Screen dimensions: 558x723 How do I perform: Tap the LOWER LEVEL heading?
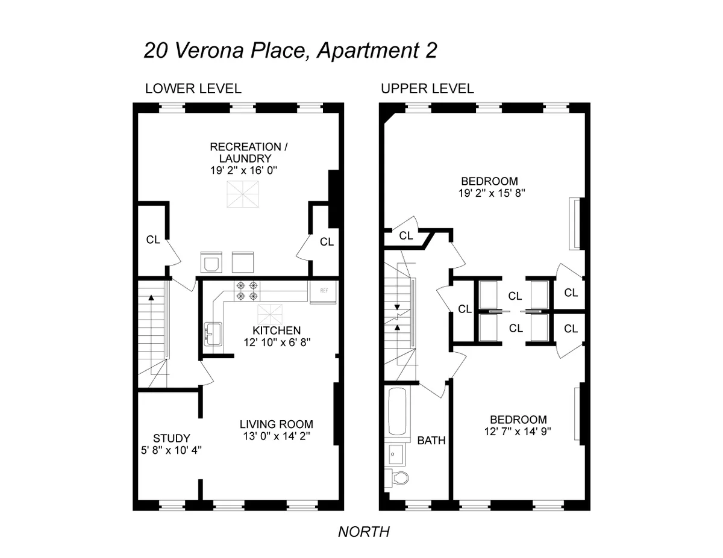(x=193, y=88)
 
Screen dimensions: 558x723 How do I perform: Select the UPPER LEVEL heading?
(x=427, y=88)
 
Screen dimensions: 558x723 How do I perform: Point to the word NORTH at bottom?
(x=364, y=532)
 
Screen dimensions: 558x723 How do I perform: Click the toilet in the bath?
(x=398, y=478)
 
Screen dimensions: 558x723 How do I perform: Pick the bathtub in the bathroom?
(x=398, y=412)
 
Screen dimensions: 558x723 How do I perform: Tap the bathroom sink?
(x=396, y=451)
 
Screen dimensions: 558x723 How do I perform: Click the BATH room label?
(x=431, y=441)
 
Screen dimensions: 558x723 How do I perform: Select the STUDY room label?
(x=172, y=438)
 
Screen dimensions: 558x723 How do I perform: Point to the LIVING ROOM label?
(x=277, y=424)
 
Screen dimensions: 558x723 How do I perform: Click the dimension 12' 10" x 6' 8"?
(x=277, y=342)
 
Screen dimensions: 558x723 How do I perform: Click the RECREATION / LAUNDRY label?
(x=245, y=152)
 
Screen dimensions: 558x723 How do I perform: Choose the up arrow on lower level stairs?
(x=151, y=297)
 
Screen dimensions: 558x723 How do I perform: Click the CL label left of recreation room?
(x=153, y=240)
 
